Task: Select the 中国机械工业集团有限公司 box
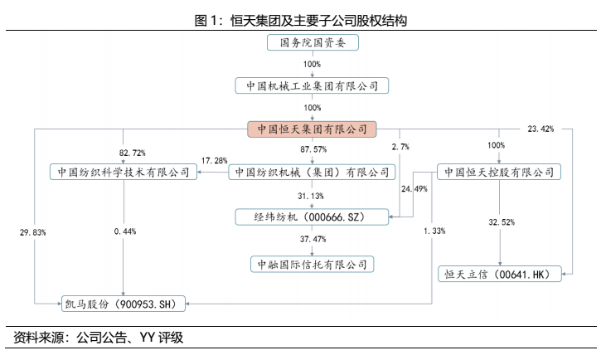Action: pyautogui.click(x=312, y=85)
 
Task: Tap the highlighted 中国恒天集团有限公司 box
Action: pyautogui.click(x=312, y=129)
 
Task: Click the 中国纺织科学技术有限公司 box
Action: pyautogui.click(x=123, y=173)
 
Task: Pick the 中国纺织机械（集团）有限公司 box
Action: pyautogui.click(x=312, y=173)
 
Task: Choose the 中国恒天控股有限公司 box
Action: pyautogui.click(x=499, y=173)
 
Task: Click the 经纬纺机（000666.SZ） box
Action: pyautogui.click(x=312, y=216)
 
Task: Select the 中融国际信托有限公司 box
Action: pyautogui.click(x=312, y=264)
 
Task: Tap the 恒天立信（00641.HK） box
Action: pyautogui.click(x=499, y=273)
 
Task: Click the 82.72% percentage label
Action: pyautogui.click(x=132, y=153)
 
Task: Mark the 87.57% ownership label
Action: pyautogui.click(x=313, y=150)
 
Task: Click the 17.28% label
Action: pyautogui.click(x=214, y=160)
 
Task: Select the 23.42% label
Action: pyautogui.click(x=541, y=129)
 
